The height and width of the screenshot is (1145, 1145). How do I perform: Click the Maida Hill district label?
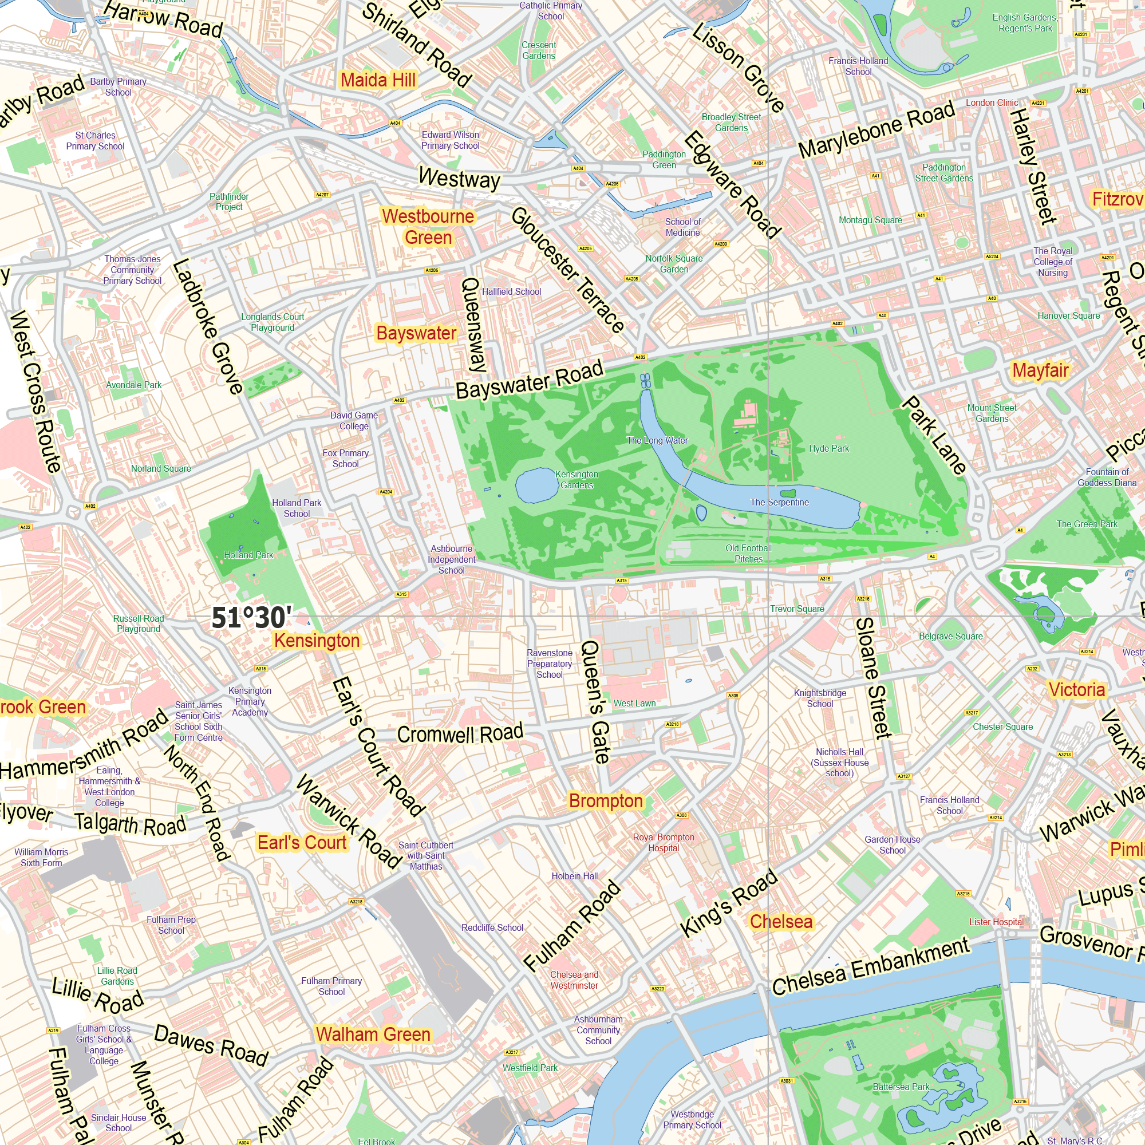tap(378, 80)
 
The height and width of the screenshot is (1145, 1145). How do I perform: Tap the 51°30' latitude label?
tap(251, 618)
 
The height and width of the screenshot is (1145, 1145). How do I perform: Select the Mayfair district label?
tap(1040, 370)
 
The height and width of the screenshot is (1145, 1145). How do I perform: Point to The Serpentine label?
tap(779, 503)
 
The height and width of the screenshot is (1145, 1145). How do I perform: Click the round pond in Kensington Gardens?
tap(535, 485)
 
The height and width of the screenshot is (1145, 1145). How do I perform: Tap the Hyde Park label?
tap(828, 449)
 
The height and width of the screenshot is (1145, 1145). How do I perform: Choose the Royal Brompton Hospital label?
tap(663, 843)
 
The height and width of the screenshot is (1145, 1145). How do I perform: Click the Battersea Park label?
tap(901, 1087)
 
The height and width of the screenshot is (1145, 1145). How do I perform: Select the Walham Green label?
tap(373, 1035)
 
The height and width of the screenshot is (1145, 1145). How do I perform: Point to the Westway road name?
tap(459, 178)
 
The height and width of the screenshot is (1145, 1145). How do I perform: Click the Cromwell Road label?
tap(460, 734)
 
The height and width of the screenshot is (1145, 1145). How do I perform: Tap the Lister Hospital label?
tap(996, 922)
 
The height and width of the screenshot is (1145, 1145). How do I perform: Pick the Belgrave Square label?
tap(950, 637)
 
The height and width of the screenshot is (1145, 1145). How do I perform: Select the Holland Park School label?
tap(297, 508)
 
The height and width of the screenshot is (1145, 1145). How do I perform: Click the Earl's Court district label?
tap(302, 843)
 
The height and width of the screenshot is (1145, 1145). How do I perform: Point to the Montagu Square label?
tap(870, 220)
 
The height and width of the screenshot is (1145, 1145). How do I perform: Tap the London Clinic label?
tap(992, 103)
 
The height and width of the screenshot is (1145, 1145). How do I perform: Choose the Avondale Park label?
tap(134, 385)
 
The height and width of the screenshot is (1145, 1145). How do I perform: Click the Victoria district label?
tap(1076, 690)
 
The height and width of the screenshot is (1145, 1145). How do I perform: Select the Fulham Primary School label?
tap(331, 986)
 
